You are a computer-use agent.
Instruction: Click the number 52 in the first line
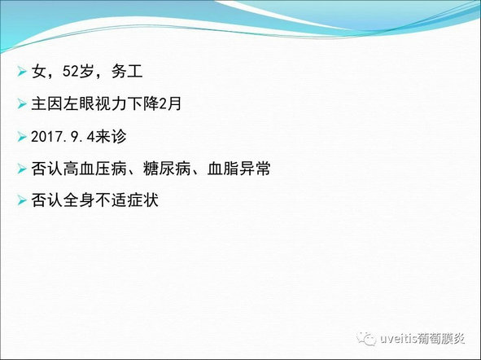(x=71, y=72)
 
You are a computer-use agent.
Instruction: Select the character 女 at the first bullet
(x=39, y=72)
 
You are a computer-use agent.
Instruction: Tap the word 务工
(x=127, y=72)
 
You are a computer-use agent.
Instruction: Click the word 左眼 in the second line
(x=79, y=103)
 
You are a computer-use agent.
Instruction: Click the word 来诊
(x=111, y=136)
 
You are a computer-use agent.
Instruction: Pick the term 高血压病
(x=94, y=169)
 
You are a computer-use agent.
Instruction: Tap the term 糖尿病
(x=167, y=169)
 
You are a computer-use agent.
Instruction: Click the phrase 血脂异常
(x=238, y=169)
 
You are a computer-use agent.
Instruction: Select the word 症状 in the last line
(x=143, y=200)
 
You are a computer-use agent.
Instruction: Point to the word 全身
(x=79, y=200)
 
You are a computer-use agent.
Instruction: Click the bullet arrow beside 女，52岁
(x=22, y=72)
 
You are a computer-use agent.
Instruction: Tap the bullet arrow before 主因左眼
(x=22, y=104)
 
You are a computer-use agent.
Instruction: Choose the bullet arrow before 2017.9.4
(x=22, y=137)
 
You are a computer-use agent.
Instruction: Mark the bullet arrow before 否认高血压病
(x=22, y=169)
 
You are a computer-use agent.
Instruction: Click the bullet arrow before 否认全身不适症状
(x=22, y=201)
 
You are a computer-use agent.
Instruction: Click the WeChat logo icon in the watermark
(x=365, y=339)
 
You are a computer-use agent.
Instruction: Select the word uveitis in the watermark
(x=399, y=339)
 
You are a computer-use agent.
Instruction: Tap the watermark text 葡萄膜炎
(x=442, y=339)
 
